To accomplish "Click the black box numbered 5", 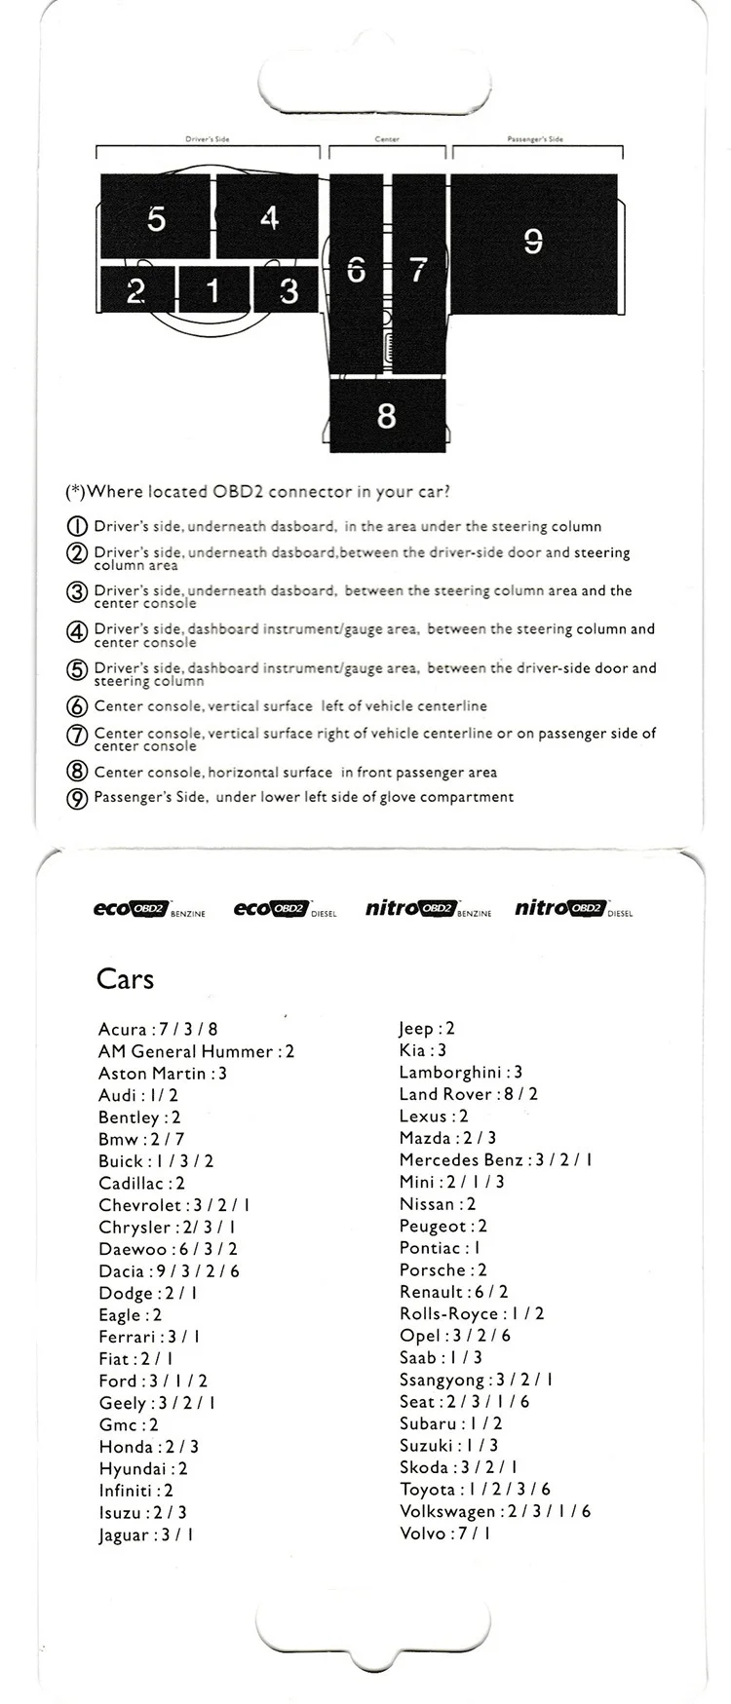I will point(156,217).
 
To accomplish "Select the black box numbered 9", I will point(533,240).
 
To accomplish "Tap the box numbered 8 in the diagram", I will point(387,416).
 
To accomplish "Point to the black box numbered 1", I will point(213,289).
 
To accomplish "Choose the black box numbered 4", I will point(269,216).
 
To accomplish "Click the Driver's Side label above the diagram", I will point(208,139).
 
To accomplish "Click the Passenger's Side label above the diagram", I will point(536,139).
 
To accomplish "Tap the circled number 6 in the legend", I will point(77,707).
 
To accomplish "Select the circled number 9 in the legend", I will point(77,798).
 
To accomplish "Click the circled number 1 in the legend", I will point(77,527).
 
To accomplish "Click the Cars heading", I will point(125,979).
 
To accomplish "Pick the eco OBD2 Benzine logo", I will point(148,909).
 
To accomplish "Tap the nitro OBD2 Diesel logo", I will point(573,909).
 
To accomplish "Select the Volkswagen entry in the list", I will point(494,1512).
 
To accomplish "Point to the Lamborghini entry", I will point(460,1073).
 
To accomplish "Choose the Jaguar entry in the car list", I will point(145,1535).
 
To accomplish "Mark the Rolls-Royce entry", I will point(471,1314).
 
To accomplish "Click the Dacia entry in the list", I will point(169,1271).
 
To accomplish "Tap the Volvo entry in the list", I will point(444,1534).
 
